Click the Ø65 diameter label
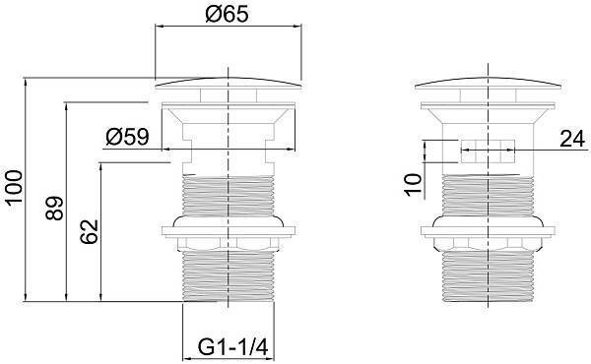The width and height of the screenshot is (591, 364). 228,15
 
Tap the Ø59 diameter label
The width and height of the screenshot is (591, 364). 127,137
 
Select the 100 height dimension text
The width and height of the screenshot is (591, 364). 15,187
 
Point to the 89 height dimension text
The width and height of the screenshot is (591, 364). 54,209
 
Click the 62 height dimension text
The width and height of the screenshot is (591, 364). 90,231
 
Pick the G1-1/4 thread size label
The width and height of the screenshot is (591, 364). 232,347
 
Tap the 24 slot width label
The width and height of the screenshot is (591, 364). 572,139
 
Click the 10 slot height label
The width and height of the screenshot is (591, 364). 413,184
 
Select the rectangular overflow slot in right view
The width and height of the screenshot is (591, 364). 488,151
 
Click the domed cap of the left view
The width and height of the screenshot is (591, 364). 229,84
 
